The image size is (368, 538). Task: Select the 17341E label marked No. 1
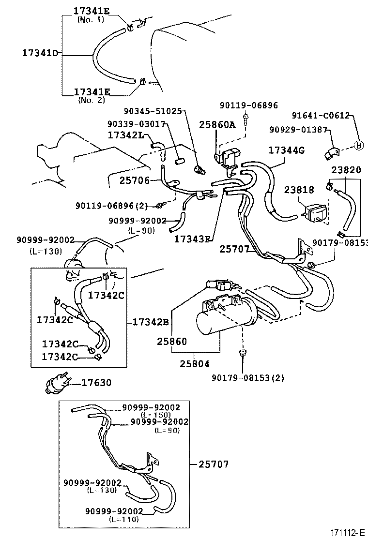coord(92,11)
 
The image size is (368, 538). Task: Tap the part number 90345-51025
coord(153,111)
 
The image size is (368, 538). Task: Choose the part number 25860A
coord(216,124)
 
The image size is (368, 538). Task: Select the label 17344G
coord(286,150)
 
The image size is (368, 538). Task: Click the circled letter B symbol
coord(359,146)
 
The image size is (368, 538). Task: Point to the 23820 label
coord(346,170)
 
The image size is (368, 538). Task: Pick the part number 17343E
coord(193,239)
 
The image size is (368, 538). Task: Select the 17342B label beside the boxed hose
coord(150,321)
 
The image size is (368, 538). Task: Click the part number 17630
coord(96,383)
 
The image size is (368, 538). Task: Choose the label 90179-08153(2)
coord(248,377)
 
